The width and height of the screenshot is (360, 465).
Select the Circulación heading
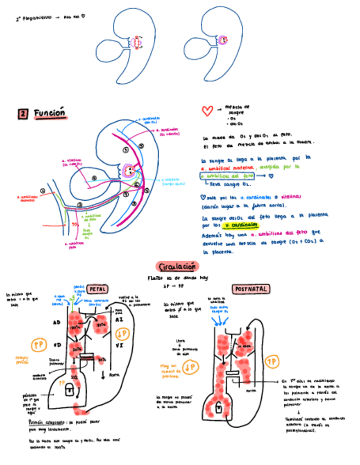click(177, 266)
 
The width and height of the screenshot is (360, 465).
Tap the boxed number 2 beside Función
click(23, 114)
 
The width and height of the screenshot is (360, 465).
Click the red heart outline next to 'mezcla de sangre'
click(207, 111)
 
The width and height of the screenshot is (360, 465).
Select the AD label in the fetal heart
click(57, 322)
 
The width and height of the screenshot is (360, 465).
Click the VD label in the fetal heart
click(57, 346)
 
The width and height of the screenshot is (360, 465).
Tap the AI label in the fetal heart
click(120, 319)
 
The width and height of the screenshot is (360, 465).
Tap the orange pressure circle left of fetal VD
click(38, 344)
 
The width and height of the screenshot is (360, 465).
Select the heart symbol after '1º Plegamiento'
click(83, 17)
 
